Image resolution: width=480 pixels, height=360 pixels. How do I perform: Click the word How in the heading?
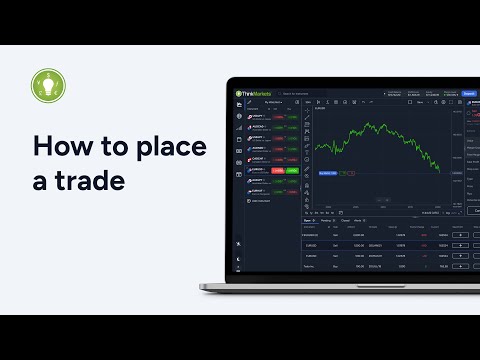point(58,147)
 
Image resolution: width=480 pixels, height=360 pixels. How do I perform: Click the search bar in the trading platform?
point(300,94)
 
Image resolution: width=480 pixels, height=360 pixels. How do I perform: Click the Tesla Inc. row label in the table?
point(311,266)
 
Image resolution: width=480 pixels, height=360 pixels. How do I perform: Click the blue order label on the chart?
point(328,173)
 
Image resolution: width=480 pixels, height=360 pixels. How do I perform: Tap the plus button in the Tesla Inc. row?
point(461,266)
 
